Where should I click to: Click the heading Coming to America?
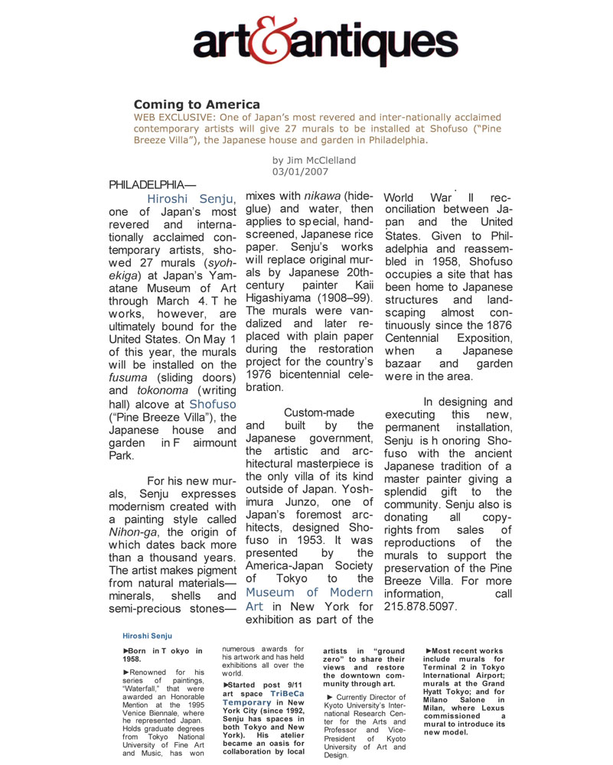(197, 104)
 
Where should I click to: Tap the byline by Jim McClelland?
(314, 160)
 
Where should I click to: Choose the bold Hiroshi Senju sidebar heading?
(147, 635)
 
